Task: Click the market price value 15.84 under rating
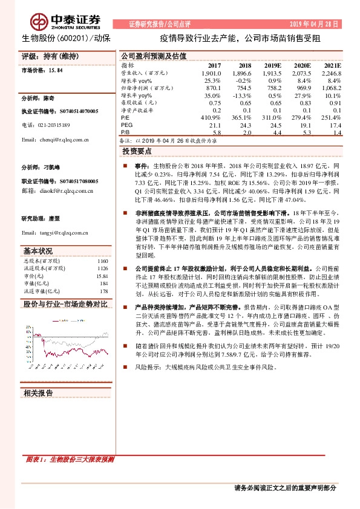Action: click(x=55, y=70)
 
